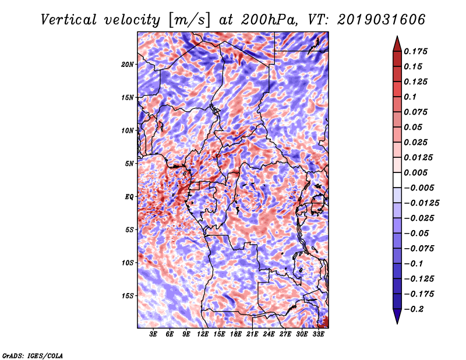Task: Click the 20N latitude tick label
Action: coord(128,64)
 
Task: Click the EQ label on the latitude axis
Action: coord(129,197)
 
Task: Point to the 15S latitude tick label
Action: coord(128,296)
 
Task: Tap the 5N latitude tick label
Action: coord(129,164)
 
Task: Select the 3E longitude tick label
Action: coord(154,335)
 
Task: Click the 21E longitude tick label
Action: coord(252,335)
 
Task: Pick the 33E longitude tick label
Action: coord(318,335)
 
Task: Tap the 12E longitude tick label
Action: coord(203,335)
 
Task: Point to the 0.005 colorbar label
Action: coord(418,172)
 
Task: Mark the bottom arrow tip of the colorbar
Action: coord(397,322)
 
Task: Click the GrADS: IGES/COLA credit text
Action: coord(32,355)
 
